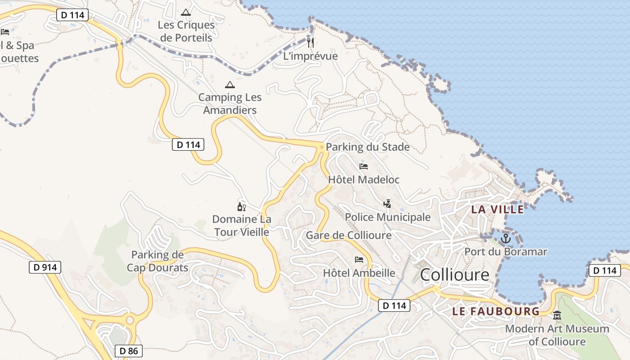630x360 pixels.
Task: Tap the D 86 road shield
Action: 129,351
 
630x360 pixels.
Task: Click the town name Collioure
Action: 454,274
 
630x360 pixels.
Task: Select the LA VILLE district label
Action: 497,209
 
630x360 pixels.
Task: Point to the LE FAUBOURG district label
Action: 496,311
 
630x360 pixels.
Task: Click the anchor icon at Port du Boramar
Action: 506,238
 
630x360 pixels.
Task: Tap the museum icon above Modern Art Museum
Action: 557,315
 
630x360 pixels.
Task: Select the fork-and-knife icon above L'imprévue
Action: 310,43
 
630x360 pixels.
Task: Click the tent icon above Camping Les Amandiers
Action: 230,85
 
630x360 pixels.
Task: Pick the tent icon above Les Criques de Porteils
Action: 186,12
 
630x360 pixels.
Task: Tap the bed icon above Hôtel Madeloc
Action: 364,166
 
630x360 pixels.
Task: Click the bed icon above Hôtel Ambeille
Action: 359,259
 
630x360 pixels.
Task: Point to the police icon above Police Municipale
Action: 387,204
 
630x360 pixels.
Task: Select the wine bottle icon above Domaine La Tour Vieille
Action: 242,207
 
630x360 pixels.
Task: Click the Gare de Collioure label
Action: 349,235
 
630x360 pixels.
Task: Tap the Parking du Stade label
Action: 368,147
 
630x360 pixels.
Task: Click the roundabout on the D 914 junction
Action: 130,320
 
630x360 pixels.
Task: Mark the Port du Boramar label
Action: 506,252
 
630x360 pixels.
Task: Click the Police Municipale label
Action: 387,217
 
